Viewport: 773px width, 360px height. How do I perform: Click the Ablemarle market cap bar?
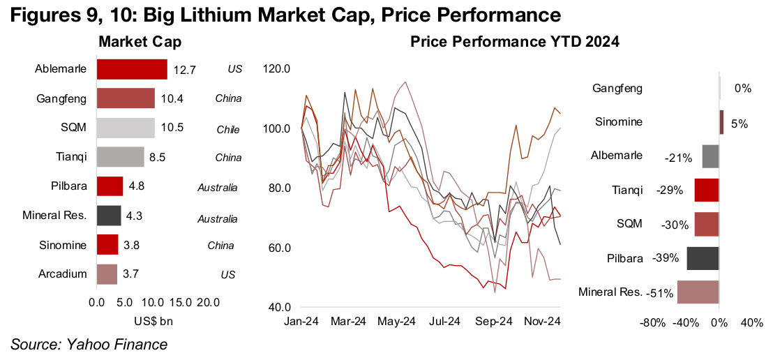[x=132, y=69]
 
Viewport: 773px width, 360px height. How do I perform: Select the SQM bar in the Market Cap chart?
[x=126, y=128]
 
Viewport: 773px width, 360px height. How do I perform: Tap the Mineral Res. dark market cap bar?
[x=109, y=216]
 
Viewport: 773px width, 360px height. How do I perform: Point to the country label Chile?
[x=228, y=128]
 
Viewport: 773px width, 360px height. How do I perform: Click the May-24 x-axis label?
[x=396, y=322]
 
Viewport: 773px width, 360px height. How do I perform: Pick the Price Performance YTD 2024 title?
[x=516, y=43]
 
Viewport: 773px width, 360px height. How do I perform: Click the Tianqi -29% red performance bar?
[x=707, y=190]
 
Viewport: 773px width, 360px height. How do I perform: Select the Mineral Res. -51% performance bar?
[x=698, y=292]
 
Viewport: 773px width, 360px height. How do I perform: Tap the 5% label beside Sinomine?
[x=740, y=123]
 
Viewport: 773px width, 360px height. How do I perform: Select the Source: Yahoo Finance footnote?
[x=89, y=344]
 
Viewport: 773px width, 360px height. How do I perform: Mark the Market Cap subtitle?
[x=140, y=43]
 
